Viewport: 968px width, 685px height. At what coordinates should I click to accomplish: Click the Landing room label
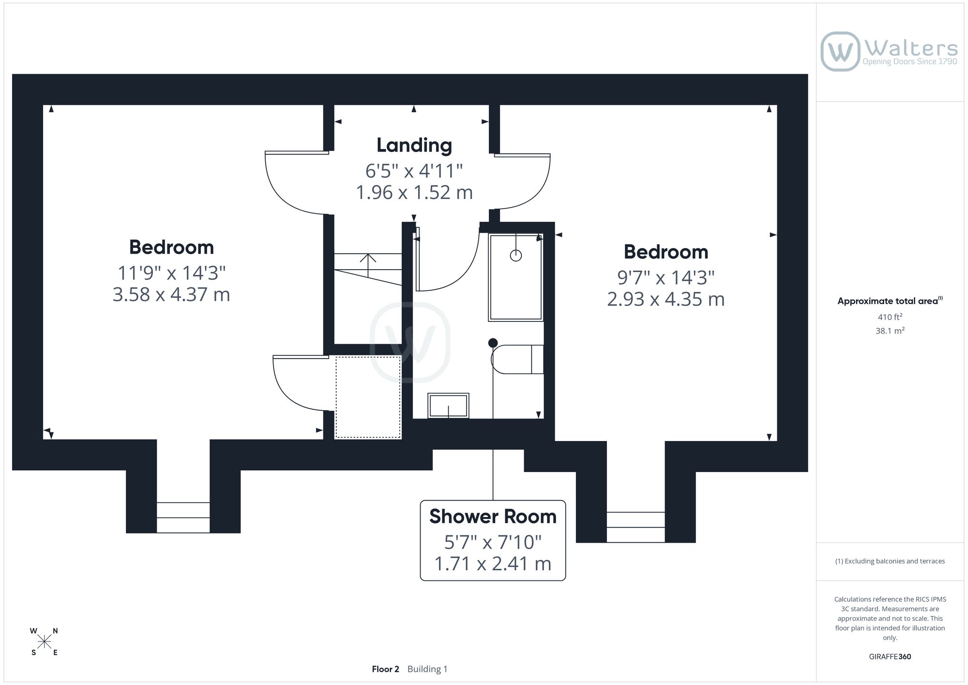click(414, 145)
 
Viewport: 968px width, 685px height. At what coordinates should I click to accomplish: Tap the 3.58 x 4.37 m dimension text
click(171, 294)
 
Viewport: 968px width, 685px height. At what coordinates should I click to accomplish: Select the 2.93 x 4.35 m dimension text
click(666, 299)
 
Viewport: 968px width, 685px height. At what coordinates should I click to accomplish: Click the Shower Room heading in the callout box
click(493, 517)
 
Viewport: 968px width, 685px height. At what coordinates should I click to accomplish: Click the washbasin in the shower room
click(448, 406)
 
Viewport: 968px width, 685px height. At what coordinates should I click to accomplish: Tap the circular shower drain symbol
click(516, 256)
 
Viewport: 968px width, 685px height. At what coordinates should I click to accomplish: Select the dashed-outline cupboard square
click(368, 397)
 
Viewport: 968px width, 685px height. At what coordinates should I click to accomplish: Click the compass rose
click(45, 642)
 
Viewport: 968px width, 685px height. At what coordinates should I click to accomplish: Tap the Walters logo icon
click(840, 51)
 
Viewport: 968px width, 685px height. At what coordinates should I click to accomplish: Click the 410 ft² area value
click(890, 317)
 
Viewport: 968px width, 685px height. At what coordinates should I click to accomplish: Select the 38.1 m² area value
click(890, 331)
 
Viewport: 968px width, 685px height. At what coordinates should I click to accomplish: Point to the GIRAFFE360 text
click(890, 656)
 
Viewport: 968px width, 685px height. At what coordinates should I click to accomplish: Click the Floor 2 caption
click(385, 669)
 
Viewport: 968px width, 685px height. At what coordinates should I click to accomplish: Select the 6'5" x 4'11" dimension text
click(414, 171)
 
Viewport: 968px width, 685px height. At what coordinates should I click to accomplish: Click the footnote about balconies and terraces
click(890, 561)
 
